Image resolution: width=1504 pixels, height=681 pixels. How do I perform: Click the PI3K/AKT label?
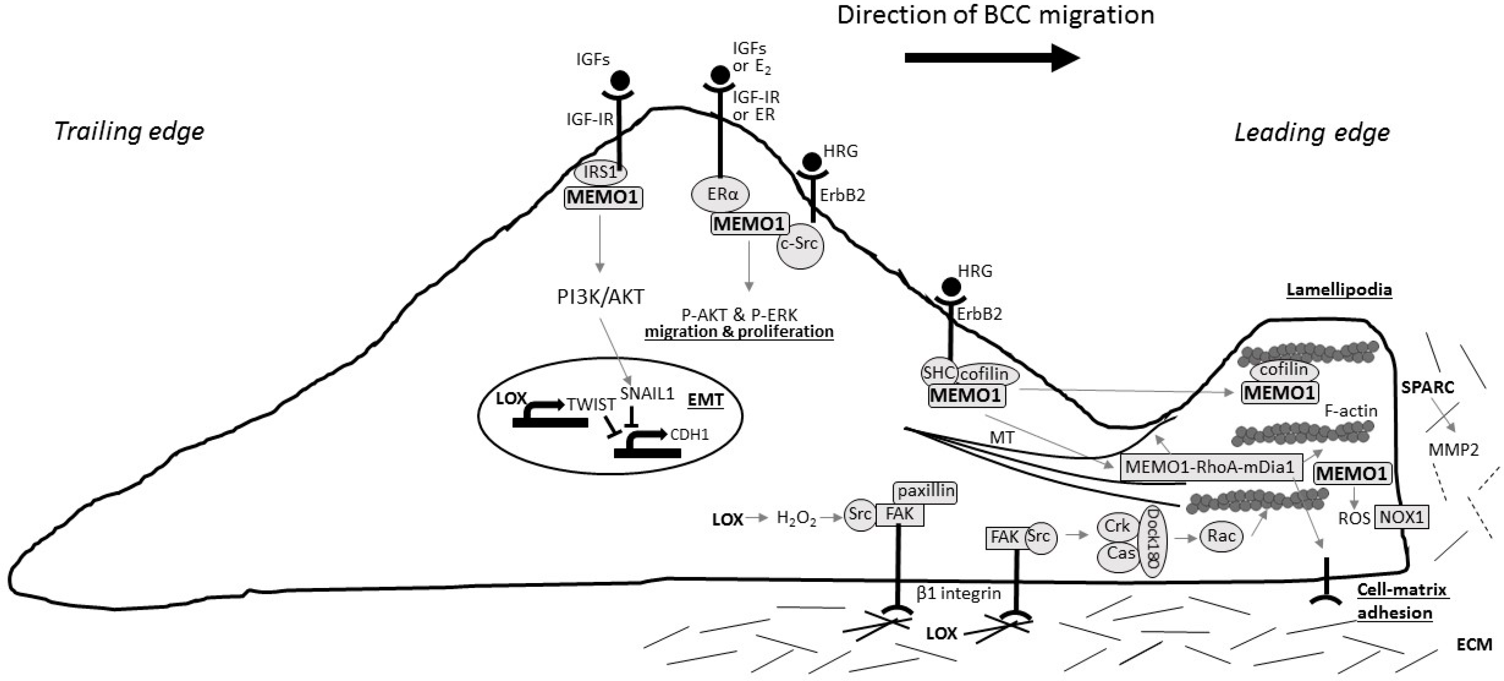click(600, 297)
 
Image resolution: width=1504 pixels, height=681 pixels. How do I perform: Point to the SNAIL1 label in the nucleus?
click(647, 394)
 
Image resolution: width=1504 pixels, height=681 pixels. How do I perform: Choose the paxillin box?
click(925, 492)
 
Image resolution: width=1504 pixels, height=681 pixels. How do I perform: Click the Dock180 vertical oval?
click(1152, 542)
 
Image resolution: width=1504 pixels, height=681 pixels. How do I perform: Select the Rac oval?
click(1221, 536)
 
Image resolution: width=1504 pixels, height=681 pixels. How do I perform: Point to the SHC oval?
click(938, 373)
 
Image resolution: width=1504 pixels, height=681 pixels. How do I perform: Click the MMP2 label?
click(1453, 450)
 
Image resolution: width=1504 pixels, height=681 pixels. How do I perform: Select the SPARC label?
click(1428, 387)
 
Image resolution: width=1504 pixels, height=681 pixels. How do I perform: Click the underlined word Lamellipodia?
click(1339, 290)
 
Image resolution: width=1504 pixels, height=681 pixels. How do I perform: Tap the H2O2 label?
click(796, 518)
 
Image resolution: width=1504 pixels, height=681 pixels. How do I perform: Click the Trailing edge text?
click(129, 131)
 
